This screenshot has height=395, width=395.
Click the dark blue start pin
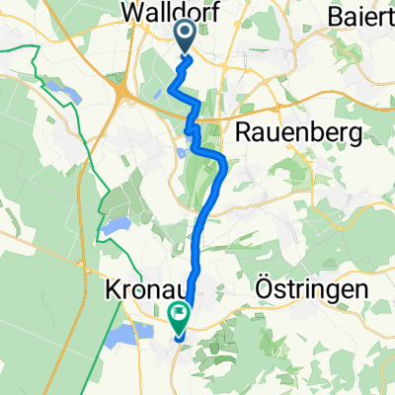(x=186, y=37)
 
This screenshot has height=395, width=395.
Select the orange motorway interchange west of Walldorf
(x=125, y=98)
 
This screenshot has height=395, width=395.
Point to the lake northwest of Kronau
(x=115, y=226)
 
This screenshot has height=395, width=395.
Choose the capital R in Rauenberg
(x=241, y=132)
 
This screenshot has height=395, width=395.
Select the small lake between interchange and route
(x=158, y=95)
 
